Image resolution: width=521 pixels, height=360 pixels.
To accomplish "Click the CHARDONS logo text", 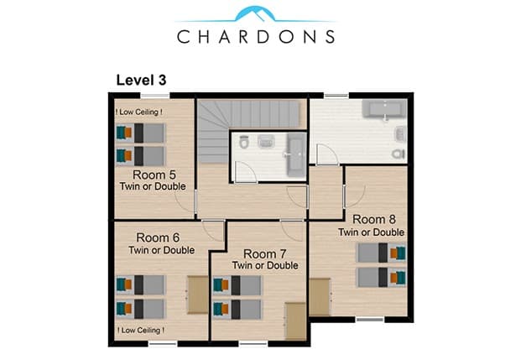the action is pyautogui.click(x=256, y=37).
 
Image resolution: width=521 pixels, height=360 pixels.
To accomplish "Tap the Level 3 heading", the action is pyautogui.click(x=141, y=80).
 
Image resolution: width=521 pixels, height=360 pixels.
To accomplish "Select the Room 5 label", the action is pyautogui.click(x=154, y=175).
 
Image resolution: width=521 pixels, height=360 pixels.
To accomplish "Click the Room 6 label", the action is pyautogui.click(x=158, y=237).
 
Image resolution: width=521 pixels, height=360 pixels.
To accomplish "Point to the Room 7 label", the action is pyautogui.click(x=265, y=254).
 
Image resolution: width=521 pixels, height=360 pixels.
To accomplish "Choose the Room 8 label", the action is pyautogui.click(x=374, y=219).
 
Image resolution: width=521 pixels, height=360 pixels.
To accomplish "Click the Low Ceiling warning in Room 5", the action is pyautogui.click(x=139, y=112).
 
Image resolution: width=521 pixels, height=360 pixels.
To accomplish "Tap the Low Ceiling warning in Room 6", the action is pyautogui.click(x=141, y=330).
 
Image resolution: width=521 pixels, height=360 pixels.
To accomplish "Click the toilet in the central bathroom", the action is pyautogui.click(x=244, y=142).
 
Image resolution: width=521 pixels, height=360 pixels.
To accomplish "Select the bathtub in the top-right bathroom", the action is pyautogui.click(x=384, y=109).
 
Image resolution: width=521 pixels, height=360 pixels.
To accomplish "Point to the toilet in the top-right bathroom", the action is pyautogui.click(x=399, y=154).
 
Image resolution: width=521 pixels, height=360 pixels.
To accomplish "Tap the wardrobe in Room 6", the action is pyautogui.click(x=198, y=295).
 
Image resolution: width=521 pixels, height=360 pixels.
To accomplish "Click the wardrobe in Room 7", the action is pyautogui.click(x=295, y=321).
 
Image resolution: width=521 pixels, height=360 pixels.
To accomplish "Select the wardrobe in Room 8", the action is pyautogui.click(x=320, y=297).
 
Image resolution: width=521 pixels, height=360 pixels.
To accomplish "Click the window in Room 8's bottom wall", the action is pyautogui.click(x=370, y=320).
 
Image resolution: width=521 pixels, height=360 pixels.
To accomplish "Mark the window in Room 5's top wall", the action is pyautogui.click(x=155, y=96).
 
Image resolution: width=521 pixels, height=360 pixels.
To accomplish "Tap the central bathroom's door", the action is pyautogui.click(x=245, y=171).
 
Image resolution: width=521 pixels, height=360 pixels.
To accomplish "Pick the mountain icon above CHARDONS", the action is pyautogui.click(x=255, y=14).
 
